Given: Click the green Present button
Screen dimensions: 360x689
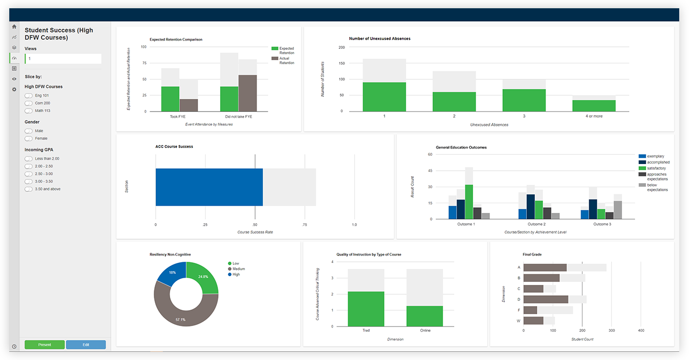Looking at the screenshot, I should (x=45, y=345).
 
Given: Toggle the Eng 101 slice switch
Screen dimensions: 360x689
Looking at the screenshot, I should (x=29, y=96).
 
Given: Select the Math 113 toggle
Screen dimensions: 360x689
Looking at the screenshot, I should (x=29, y=111).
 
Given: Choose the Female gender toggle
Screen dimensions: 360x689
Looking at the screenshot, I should (x=29, y=138).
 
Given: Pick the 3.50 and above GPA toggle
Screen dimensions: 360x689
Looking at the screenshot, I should (x=29, y=189).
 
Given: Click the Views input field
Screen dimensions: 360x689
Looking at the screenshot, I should (x=63, y=59).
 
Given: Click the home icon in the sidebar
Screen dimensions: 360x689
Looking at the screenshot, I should (x=14, y=27).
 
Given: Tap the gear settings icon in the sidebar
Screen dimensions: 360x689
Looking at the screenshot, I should (x=14, y=89).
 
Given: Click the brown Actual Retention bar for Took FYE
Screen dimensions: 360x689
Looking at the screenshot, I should (x=189, y=105).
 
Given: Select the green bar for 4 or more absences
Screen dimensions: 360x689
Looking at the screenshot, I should (x=594, y=106).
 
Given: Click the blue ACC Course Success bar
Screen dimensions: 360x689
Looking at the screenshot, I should (x=209, y=187).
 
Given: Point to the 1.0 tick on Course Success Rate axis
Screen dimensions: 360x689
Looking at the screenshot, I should (x=354, y=225).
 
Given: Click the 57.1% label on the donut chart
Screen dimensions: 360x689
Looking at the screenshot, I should (x=181, y=319).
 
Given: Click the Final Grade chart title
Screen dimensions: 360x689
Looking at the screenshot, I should (x=532, y=254).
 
